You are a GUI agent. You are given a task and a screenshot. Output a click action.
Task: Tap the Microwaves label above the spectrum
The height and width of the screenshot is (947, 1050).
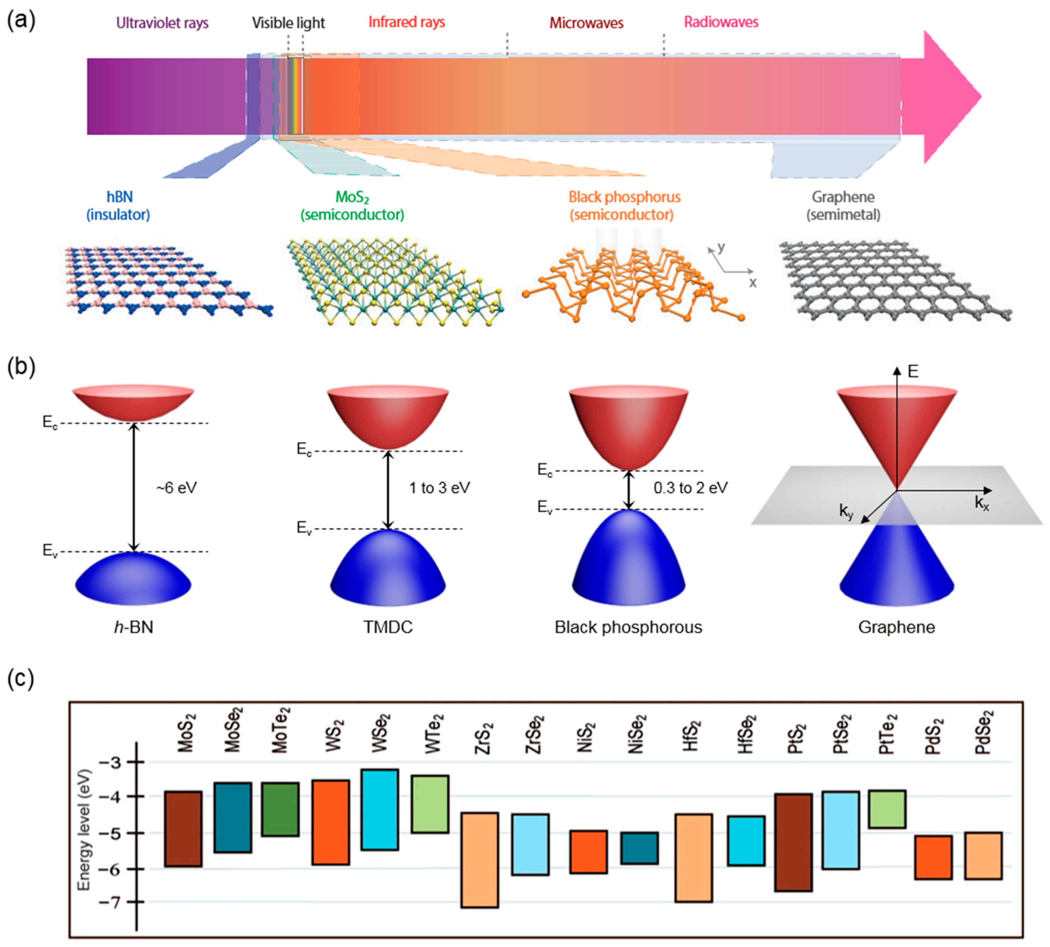click(x=586, y=23)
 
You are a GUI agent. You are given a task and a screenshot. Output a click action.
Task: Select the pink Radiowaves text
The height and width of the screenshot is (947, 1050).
click(x=721, y=22)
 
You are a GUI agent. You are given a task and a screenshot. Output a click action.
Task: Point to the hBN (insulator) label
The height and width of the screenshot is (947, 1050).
click(x=119, y=206)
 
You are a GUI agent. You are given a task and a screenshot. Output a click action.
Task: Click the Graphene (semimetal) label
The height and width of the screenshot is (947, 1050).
click(x=843, y=206)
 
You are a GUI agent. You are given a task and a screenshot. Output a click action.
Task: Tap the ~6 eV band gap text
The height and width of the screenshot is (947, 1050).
click(x=177, y=488)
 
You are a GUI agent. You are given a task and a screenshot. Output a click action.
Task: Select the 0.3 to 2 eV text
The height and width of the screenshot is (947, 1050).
click(x=690, y=488)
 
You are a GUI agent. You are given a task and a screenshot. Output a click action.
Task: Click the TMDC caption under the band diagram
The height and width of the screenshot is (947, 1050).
click(x=388, y=627)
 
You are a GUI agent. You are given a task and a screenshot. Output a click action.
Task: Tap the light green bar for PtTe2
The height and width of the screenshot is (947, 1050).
click(x=887, y=809)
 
